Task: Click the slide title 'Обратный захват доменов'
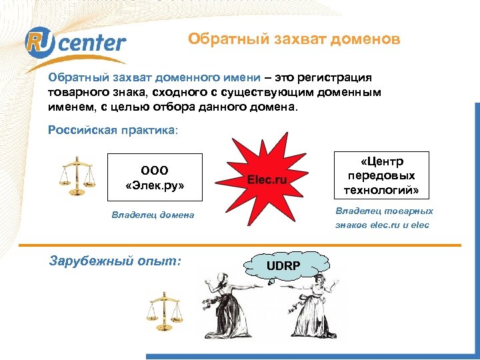tap(294, 39)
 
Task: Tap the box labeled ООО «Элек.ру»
tap(155, 177)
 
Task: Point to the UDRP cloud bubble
tap(283, 266)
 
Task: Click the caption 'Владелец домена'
tap(153, 215)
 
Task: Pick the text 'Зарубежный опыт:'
tap(115, 261)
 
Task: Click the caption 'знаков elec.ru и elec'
tap(382, 225)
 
